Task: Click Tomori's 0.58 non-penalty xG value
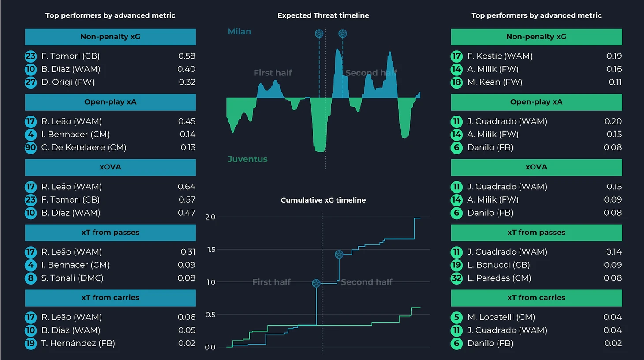pyautogui.click(x=187, y=56)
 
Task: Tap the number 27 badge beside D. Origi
pyautogui.click(x=30, y=82)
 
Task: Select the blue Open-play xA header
pyautogui.click(x=110, y=102)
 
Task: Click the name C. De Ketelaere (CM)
pyautogui.click(x=84, y=147)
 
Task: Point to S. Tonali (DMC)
pyautogui.click(x=72, y=278)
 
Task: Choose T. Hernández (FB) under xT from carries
pyautogui.click(x=78, y=343)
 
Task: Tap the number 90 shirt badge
pyautogui.click(x=30, y=147)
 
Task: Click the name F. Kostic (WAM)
pyautogui.click(x=500, y=56)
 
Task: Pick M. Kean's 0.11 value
pyautogui.click(x=615, y=82)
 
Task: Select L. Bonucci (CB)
pyautogui.click(x=498, y=265)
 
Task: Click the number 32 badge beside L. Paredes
pyautogui.click(x=457, y=278)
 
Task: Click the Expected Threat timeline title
pyautogui.click(x=323, y=15)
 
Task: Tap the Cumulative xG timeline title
pyautogui.click(x=323, y=200)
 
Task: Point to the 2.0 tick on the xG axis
pyautogui.click(x=210, y=217)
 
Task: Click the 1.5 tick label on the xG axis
pyautogui.click(x=211, y=250)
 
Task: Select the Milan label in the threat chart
pyautogui.click(x=240, y=32)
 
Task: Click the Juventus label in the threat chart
pyautogui.click(x=247, y=159)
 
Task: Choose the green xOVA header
pyautogui.click(x=536, y=167)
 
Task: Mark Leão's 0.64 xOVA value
pyautogui.click(x=186, y=187)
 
